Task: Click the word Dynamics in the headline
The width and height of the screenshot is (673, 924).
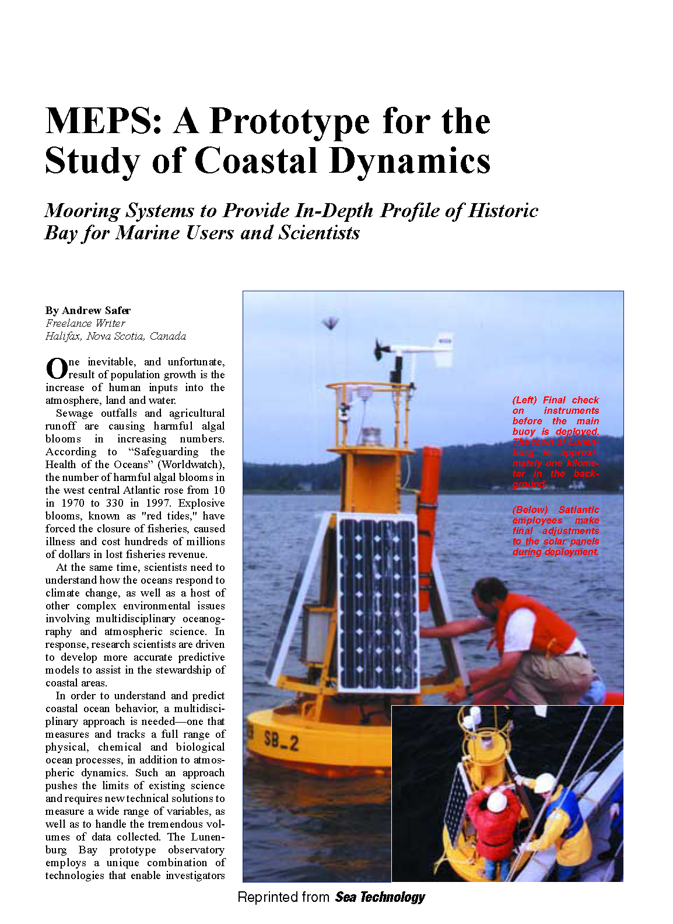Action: (409, 161)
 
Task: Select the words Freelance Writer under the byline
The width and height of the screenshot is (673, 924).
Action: (85, 323)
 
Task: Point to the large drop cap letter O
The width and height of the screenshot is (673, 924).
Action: (57, 369)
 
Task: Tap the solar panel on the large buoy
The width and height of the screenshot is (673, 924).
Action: (377, 601)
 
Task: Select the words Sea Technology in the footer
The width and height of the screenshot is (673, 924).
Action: (380, 897)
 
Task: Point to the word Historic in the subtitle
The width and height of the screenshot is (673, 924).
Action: (503, 211)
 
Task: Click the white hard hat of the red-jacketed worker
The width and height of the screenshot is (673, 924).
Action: (496, 802)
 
